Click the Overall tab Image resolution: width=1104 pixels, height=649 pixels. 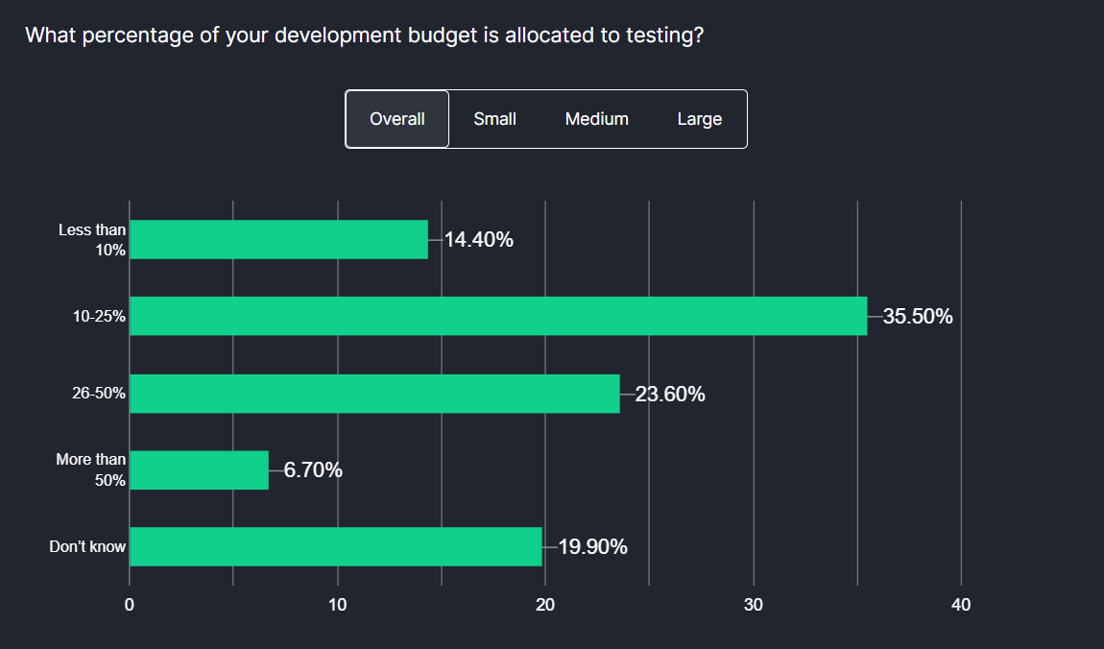[x=397, y=119]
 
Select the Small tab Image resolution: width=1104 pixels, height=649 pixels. [x=494, y=119]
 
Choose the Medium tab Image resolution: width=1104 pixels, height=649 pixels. [x=596, y=119]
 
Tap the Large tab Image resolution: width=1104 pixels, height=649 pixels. [x=699, y=119]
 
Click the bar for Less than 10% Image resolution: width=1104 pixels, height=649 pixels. [x=278, y=239]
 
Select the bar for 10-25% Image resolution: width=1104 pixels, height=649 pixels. [x=498, y=316]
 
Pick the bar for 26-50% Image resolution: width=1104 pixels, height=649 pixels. [x=374, y=393]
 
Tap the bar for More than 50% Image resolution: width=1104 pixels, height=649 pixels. [x=199, y=469]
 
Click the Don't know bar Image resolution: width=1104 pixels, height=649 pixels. [x=336, y=546]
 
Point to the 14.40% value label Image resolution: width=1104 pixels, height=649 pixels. [x=478, y=240]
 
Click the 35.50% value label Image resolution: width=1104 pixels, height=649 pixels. [x=918, y=317]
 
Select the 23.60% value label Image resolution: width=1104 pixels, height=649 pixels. [x=670, y=394]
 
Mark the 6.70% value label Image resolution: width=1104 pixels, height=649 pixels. [x=313, y=470]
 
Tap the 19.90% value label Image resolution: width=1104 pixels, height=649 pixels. [x=592, y=547]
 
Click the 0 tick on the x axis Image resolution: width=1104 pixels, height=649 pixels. [x=130, y=605]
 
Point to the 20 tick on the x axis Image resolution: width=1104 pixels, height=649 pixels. [x=545, y=605]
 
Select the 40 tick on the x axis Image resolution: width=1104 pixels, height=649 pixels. [x=961, y=605]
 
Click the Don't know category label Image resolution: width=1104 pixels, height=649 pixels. [x=87, y=547]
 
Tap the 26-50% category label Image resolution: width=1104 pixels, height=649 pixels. [x=99, y=394]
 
